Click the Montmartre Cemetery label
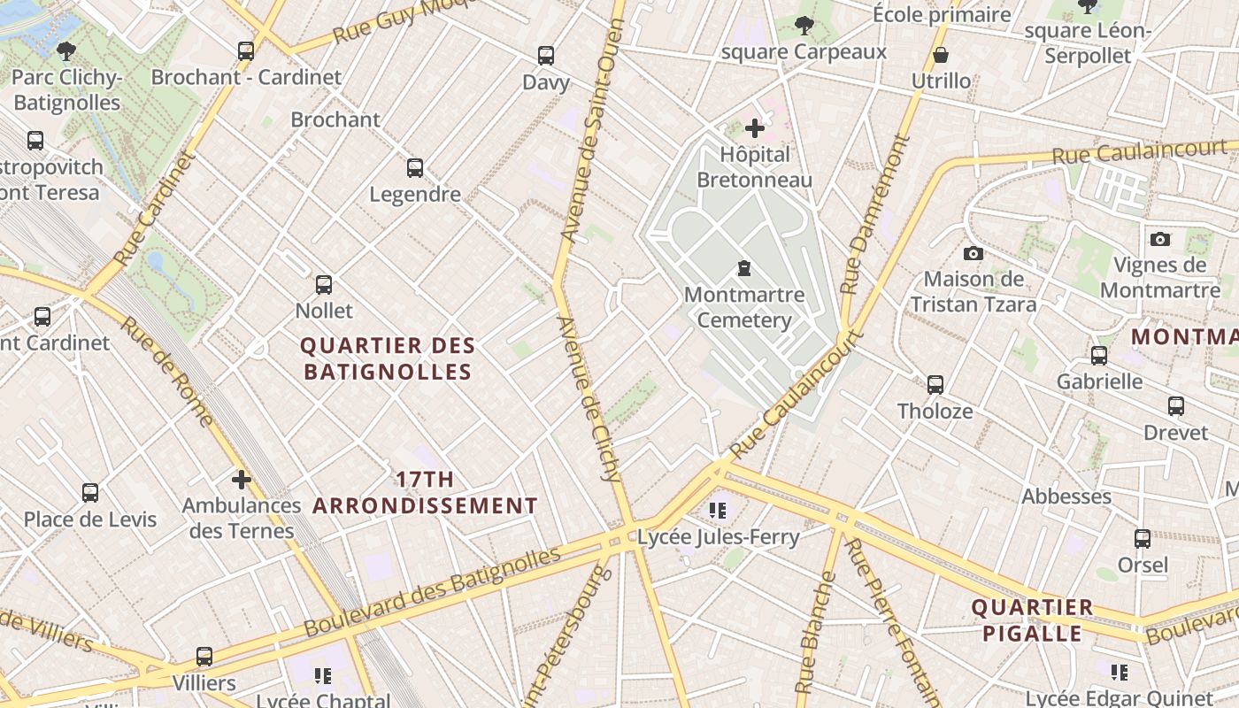[744, 307]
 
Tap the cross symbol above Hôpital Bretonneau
[755, 128]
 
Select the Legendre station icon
[414, 168]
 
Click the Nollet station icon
[324, 285]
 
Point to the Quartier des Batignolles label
[388, 358]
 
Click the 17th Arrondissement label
[425, 493]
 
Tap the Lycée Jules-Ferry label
[718, 537]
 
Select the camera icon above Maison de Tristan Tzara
[973, 254]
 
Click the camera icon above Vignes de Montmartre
[1159, 239]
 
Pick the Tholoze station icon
[935, 385]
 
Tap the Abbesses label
[1066, 496]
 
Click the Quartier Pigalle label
[1032, 620]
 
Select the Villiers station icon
[204, 657]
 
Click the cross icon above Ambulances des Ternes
[242, 480]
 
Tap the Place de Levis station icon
[90, 493]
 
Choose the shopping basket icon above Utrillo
[941, 56]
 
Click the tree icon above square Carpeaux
[804, 26]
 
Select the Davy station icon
[546, 56]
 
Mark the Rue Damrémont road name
[874, 214]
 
